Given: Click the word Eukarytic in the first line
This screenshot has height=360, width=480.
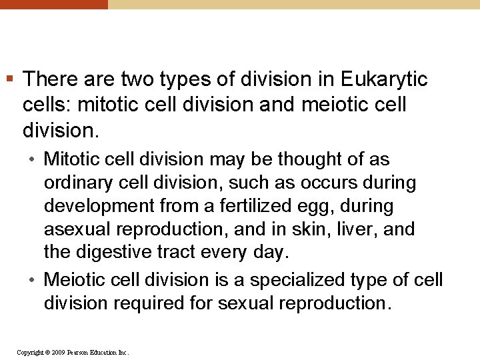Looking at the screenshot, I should tap(384, 80).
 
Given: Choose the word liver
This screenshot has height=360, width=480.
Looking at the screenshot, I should tap(361, 229).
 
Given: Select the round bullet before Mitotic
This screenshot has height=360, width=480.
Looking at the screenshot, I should tap(33, 160).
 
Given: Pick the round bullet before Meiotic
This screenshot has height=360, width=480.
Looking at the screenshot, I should tap(33, 280).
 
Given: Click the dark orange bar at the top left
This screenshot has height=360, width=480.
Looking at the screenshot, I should tap(53, 4).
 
